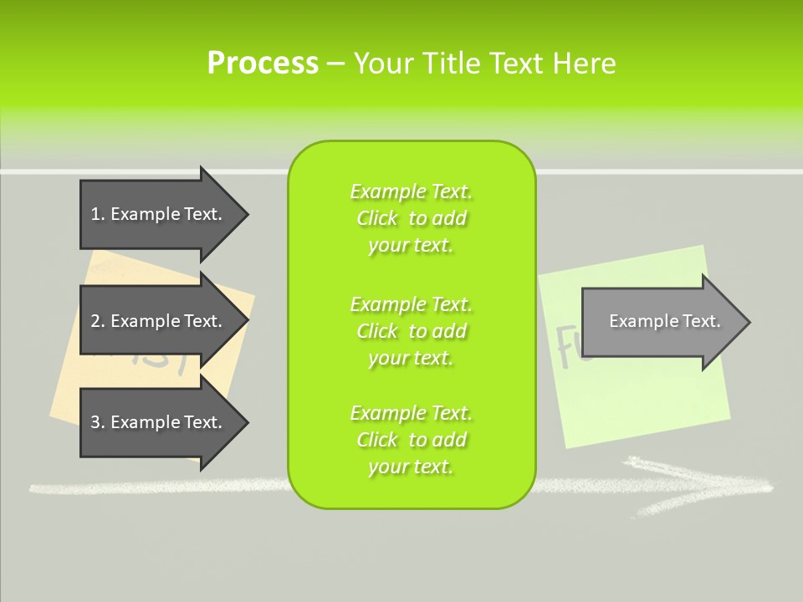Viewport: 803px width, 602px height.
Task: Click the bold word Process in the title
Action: (x=263, y=63)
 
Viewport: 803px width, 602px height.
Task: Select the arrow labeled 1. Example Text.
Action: (x=159, y=214)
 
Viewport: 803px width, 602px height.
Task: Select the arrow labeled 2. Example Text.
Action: (x=159, y=321)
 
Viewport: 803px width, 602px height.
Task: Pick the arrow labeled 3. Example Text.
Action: (x=159, y=422)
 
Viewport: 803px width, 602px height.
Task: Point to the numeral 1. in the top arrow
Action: (x=97, y=214)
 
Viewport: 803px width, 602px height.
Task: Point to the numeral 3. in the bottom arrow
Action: (x=97, y=422)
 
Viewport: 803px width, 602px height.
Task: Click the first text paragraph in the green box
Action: (x=411, y=218)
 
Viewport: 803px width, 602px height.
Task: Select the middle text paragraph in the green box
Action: (x=411, y=331)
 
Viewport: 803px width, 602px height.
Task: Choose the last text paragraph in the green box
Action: (x=411, y=440)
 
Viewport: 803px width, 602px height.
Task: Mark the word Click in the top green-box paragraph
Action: (x=377, y=218)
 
